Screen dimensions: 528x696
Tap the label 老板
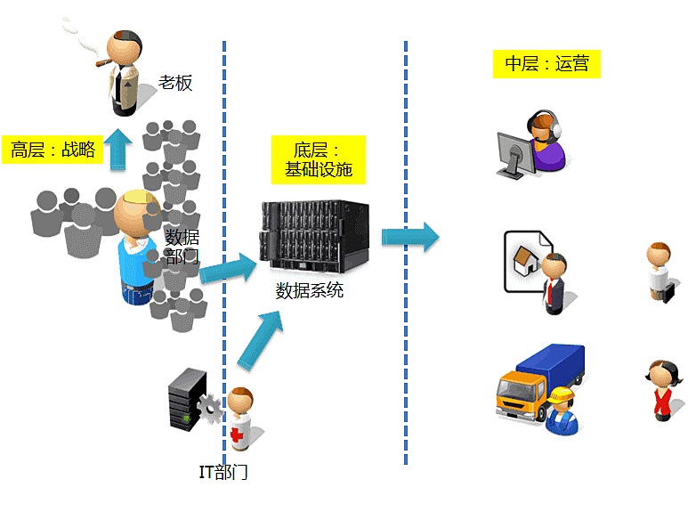tap(175, 83)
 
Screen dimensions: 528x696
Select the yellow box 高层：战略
tap(53, 150)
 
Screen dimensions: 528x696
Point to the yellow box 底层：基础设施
tap(318, 159)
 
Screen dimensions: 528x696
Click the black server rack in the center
tap(314, 238)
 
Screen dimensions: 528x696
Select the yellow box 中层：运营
tap(546, 63)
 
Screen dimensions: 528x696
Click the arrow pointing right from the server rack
tap(410, 237)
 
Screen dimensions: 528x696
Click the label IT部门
tap(223, 472)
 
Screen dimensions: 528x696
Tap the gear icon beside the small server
tap(211, 409)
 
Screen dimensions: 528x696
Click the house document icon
tap(524, 260)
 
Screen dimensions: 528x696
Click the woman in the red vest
tap(660, 388)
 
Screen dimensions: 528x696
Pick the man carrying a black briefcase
tap(660, 272)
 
